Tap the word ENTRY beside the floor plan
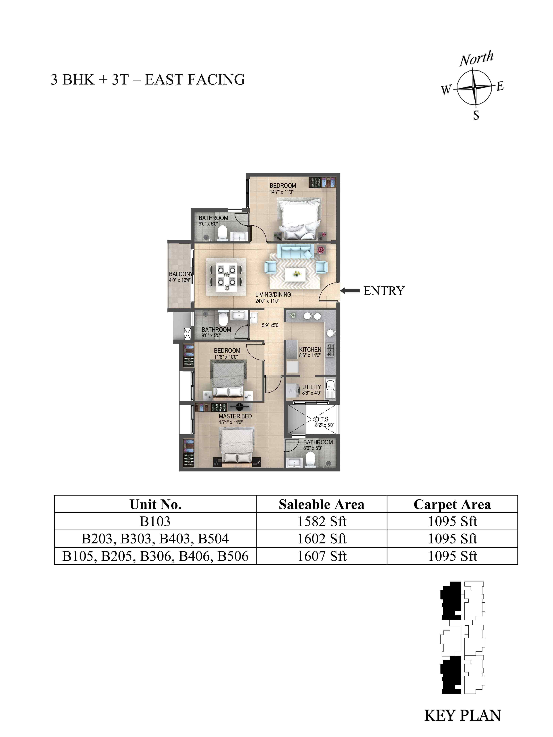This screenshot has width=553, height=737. coord(384,291)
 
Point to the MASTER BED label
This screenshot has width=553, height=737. coord(235,416)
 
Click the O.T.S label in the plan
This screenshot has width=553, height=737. coord(321,419)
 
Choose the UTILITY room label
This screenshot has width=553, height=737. coord(311,387)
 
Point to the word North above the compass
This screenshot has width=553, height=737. coord(476,59)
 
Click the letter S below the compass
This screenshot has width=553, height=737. coord(476,115)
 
